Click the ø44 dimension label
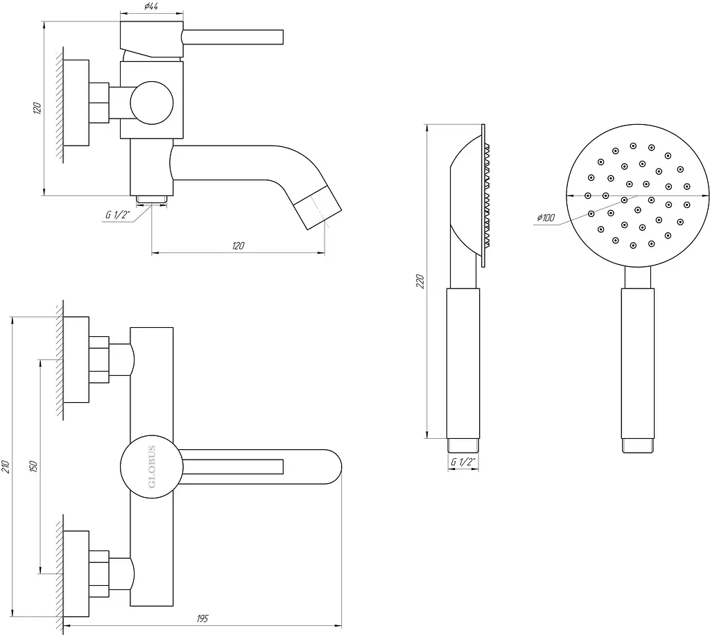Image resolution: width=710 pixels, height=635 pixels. click(150, 6)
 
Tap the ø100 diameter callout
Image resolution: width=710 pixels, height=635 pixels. click(546, 218)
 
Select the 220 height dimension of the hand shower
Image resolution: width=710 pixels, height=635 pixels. click(420, 281)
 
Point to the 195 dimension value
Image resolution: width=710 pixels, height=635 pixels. click(202, 618)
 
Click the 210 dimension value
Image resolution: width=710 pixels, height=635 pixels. click(5, 467)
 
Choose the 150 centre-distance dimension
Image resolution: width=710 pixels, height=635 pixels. click(33, 466)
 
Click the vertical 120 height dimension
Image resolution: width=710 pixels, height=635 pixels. click(37, 108)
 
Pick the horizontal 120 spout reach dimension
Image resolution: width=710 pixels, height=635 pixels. click(239, 246)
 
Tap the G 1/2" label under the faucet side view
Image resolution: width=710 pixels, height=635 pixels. click(118, 214)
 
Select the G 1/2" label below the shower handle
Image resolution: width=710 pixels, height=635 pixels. click(462, 462)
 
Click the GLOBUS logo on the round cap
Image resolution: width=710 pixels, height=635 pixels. click(152, 467)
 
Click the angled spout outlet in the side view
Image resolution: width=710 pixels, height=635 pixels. click(318, 209)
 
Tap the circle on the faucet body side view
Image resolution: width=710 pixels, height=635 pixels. click(152, 103)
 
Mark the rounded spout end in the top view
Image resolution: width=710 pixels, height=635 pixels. click(333, 467)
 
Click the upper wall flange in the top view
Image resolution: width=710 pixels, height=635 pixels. click(76, 359)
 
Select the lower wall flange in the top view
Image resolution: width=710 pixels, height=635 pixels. click(76, 573)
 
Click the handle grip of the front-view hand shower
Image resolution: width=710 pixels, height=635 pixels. click(638, 363)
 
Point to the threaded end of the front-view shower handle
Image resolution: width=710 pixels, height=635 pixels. click(638, 446)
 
